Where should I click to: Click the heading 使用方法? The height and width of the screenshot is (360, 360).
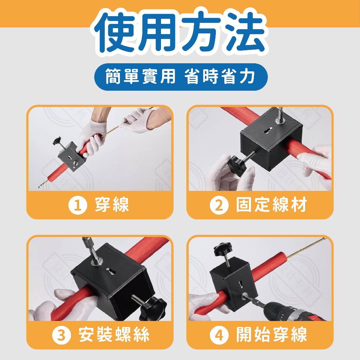[x=180, y=32]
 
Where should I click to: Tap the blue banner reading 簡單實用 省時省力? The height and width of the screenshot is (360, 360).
[x=181, y=77]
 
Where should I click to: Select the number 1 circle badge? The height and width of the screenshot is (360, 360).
[x=78, y=205]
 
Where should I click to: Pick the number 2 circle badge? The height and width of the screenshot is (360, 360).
[x=219, y=205]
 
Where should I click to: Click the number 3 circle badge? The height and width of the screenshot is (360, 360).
[x=62, y=335]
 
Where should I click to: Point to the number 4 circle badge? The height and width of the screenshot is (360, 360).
[x=219, y=335]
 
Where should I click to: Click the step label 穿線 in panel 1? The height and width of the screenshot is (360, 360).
[x=112, y=205]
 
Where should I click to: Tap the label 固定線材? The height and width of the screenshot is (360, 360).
[x=272, y=205]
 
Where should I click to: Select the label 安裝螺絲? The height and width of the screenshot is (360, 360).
[x=114, y=335]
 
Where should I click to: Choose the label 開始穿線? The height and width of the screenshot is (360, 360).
[x=272, y=335]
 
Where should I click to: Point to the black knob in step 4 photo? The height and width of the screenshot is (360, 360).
[x=222, y=250]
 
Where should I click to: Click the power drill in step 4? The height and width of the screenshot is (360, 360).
[x=291, y=311]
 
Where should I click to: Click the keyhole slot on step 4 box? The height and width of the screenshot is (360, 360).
[x=240, y=284]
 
